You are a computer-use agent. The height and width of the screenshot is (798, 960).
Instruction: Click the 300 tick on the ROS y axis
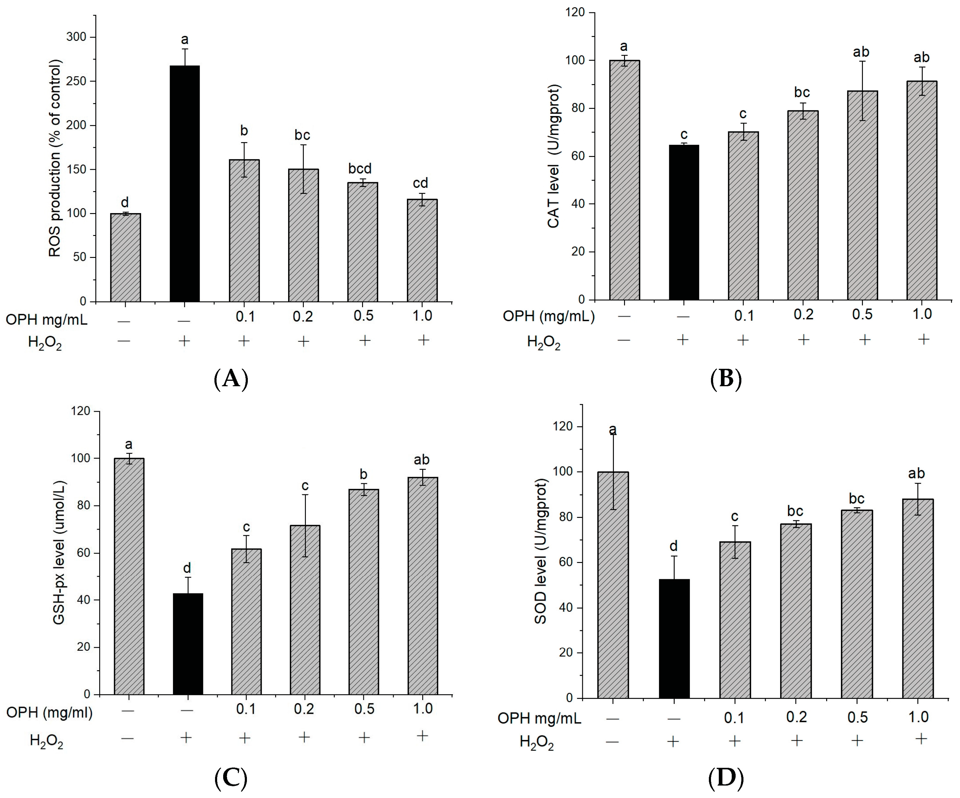(x=76, y=37)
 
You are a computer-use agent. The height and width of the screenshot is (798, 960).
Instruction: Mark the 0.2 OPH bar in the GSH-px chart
(x=305, y=610)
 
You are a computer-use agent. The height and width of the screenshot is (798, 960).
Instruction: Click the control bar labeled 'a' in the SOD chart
(x=613, y=585)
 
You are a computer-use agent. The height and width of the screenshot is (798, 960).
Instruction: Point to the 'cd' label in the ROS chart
(x=420, y=183)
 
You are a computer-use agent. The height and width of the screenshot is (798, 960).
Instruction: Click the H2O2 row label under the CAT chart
(x=543, y=342)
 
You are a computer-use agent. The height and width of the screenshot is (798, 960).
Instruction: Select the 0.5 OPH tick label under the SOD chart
(x=857, y=717)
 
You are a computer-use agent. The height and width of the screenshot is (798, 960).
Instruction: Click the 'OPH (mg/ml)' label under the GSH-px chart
(x=49, y=712)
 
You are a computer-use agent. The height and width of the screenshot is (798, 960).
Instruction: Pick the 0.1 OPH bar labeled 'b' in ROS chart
(x=244, y=231)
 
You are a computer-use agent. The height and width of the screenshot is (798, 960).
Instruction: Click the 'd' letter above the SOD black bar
(x=673, y=546)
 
